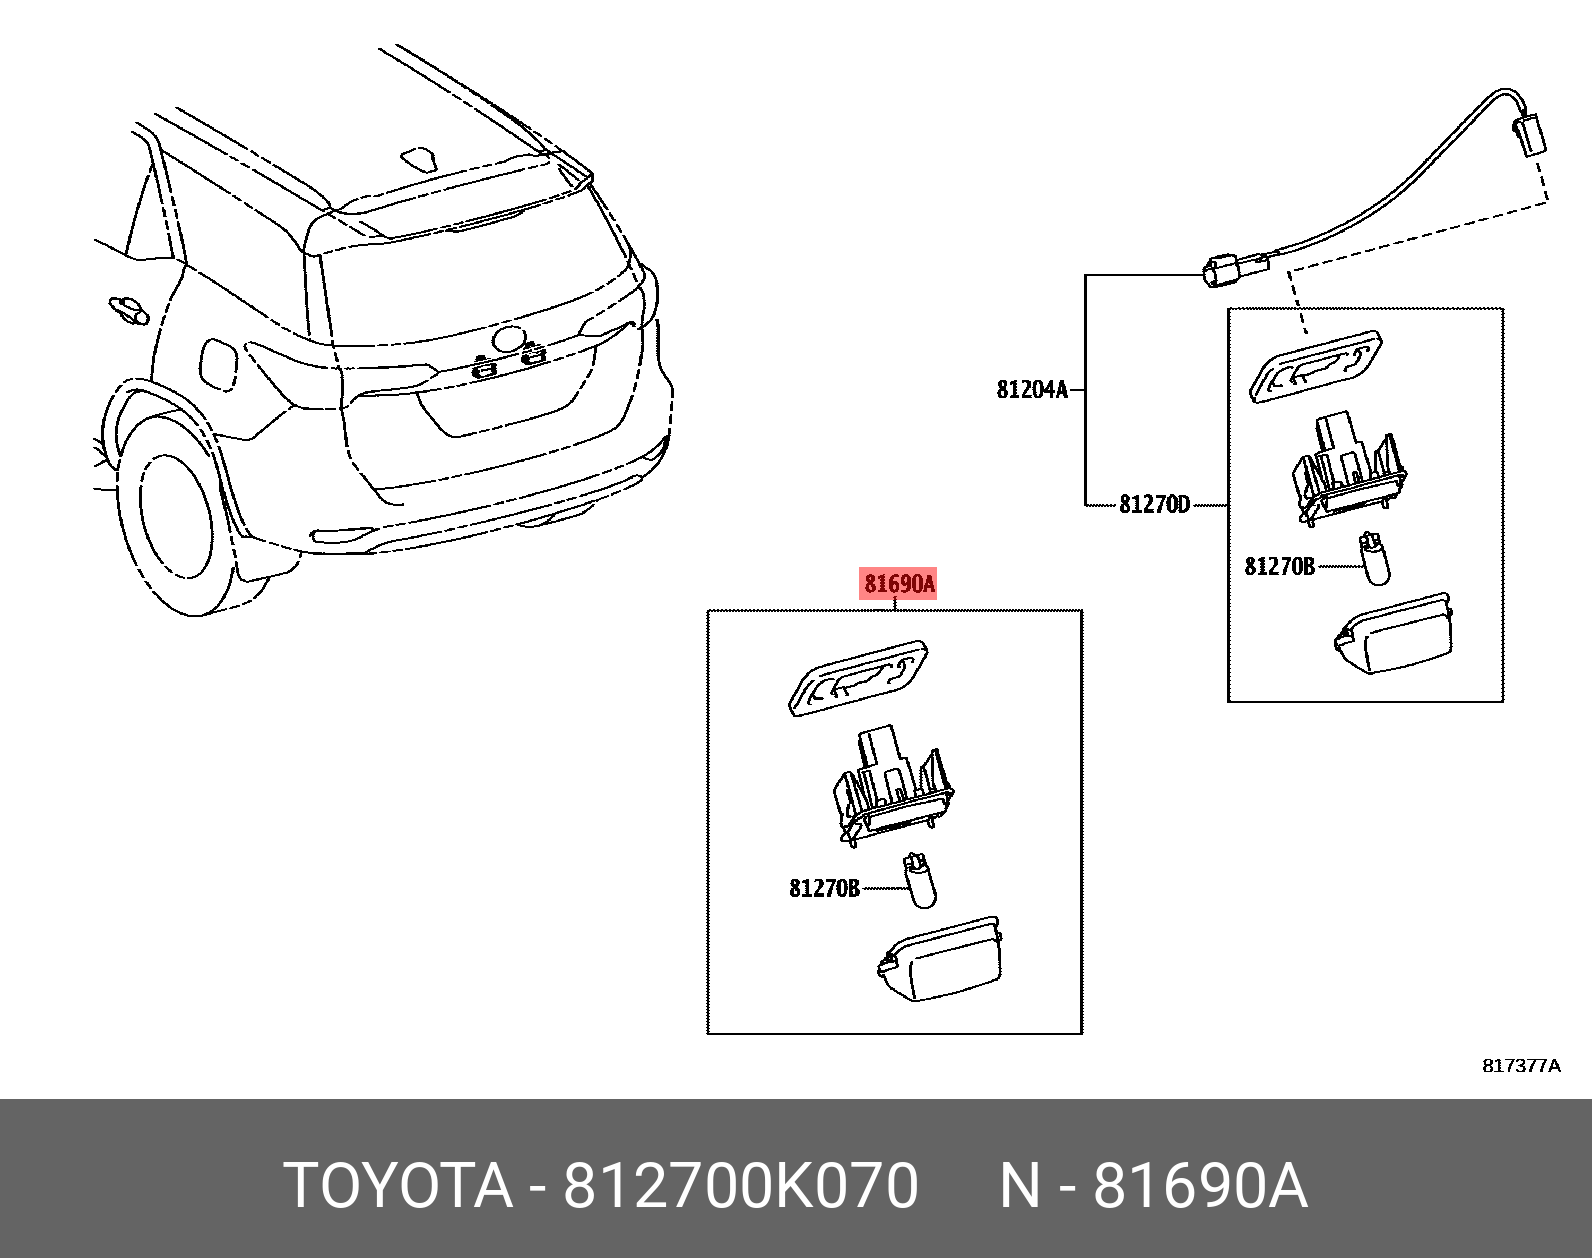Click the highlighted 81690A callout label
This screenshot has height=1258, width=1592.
(x=898, y=584)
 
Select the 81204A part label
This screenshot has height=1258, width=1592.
(x=1032, y=390)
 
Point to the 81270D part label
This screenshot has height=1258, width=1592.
(x=1154, y=505)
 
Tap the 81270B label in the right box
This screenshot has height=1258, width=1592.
(x=1279, y=567)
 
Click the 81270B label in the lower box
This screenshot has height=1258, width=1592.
(x=824, y=888)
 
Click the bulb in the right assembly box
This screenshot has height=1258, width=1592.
(x=1374, y=560)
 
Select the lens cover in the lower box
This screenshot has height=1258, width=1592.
(x=942, y=958)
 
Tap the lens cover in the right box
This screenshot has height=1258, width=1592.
(x=1395, y=634)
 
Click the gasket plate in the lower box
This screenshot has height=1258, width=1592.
(x=859, y=677)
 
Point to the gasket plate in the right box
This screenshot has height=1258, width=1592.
(x=1316, y=366)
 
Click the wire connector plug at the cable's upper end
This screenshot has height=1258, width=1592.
(x=1530, y=134)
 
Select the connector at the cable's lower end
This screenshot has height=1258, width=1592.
(x=1226, y=270)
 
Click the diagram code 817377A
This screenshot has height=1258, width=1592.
(x=1520, y=1066)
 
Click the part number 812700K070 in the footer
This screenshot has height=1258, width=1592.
(x=740, y=1186)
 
